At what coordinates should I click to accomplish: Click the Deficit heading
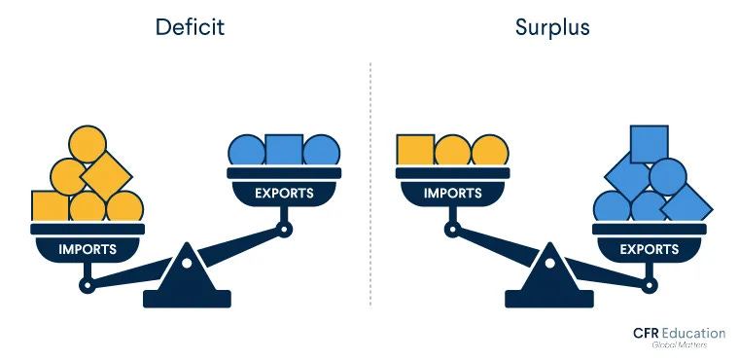coord(190,26)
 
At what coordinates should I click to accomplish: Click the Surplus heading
coord(552,26)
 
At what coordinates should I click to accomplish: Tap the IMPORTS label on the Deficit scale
coord(88,249)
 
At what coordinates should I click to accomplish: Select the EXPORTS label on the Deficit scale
coord(284,193)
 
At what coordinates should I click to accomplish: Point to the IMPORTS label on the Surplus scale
coord(452,193)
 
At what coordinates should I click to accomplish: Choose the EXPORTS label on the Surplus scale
coord(650,249)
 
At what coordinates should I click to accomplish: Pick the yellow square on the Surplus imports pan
coord(415,149)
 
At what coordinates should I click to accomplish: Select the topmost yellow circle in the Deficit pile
coord(88,144)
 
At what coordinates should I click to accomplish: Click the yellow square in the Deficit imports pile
coord(50,206)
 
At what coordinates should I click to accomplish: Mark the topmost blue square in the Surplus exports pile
coord(649,143)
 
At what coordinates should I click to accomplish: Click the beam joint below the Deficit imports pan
coord(88,286)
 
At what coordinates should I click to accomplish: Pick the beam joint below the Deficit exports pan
coord(284,230)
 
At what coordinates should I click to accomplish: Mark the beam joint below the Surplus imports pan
coord(452,230)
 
